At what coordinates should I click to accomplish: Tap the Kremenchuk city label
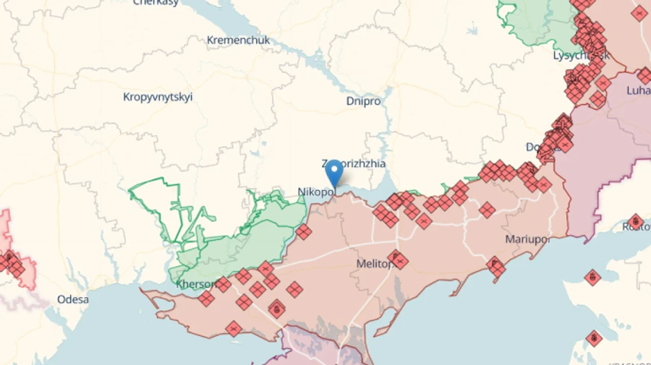click(x=238, y=40)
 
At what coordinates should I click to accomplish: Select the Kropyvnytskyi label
click(x=158, y=97)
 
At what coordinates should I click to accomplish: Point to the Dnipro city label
click(x=363, y=101)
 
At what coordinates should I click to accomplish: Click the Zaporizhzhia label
click(x=354, y=164)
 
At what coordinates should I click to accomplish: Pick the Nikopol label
click(x=315, y=192)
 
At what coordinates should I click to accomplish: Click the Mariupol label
click(x=527, y=239)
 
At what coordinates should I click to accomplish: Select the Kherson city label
click(x=195, y=284)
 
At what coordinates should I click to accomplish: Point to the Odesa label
click(x=73, y=299)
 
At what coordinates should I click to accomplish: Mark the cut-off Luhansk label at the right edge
click(x=639, y=90)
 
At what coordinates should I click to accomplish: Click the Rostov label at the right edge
click(x=637, y=228)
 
